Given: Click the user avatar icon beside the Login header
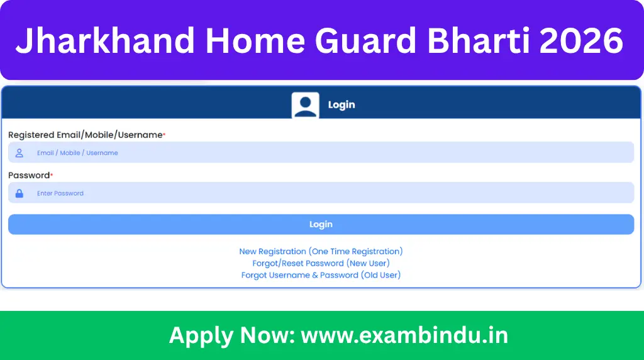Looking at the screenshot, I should (305, 105).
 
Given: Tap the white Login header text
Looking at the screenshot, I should (341, 105).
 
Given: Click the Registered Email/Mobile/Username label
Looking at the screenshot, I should (86, 135).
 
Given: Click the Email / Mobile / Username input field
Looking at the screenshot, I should (321, 153).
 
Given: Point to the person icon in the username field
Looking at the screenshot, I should (19, 153).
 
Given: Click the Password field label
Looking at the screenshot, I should (28, 176).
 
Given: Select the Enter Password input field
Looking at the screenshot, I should (321, 193).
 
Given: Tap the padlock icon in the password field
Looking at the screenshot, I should (19, 193).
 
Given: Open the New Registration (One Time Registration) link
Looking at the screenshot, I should (321, 251).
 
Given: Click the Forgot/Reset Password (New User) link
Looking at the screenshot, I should (321, 263).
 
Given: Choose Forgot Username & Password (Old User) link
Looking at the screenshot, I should (321, 275).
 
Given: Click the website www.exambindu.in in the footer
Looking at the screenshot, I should (404, 335).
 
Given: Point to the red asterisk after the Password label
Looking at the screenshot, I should (52, 174).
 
